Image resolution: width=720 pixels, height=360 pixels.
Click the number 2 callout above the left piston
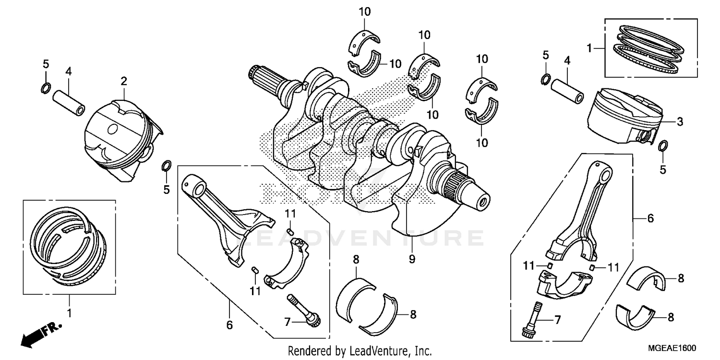coord(124,82)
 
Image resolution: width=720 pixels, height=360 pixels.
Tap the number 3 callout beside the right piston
coord(680,122)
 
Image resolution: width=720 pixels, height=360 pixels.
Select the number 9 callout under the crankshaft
coord(412,260)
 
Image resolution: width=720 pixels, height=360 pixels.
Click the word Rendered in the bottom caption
coord(307,351)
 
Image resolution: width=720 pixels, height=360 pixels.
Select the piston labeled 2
coord(120,139)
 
